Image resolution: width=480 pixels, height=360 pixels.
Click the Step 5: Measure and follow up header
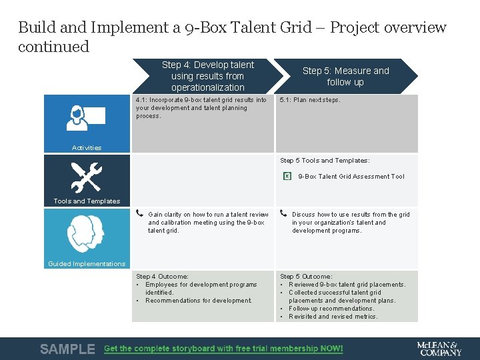pyautogui.click(x=345, y=76)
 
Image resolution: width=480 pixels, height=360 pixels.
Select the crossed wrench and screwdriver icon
pyautogui.click(x=86, y=177)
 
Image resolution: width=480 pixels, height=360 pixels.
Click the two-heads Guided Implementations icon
pyautogui.click(x=86, y=233)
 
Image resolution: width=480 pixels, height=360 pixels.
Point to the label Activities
pyautogui.click(x=87, y=148)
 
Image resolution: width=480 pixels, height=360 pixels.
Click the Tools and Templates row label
pyautogui.click(x=87, y=201)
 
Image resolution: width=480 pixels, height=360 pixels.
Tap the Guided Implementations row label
pyautogui.click(x=87, y=264)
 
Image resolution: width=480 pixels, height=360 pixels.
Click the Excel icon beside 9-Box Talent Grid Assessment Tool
pyautogui.click(x=287, y=177)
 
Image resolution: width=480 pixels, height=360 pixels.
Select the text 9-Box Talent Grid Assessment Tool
pyautogui.click(x=351, y=177)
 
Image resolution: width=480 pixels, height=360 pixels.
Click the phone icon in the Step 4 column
pyautogui.click(x=140, y=214)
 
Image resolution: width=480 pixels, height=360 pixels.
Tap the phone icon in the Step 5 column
pyautogui.click(x=284, y=214)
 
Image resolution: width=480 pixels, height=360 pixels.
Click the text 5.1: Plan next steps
pyautogui.click(x=310, y=100)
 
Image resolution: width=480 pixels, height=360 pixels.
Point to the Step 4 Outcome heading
pyautogui.click(x=162, y=276)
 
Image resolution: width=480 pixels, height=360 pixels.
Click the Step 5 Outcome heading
pyautogui.click(x=306, y=276)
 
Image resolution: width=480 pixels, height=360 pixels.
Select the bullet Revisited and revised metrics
pyautogui.click(x=333, y=317)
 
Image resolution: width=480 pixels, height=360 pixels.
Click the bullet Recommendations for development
pyautogui.click(x=199, y=301)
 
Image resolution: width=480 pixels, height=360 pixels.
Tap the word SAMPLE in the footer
pyautogui.click(x=67, y=349)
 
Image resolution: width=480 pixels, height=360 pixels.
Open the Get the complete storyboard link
pyautogui.click(x=223, y=349)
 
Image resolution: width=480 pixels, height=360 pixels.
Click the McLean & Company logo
pyautogui.click(x=439, y=348)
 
